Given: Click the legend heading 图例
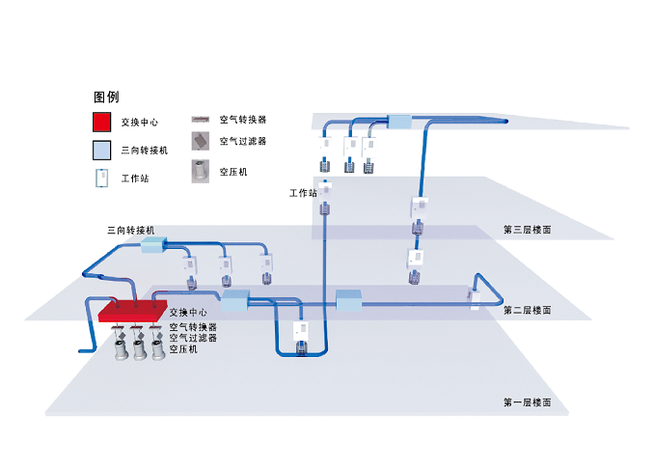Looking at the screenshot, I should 106,97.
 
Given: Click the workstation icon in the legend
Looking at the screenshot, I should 101,178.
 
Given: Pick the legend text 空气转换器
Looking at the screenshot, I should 242,120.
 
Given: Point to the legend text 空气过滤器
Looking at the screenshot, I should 242,141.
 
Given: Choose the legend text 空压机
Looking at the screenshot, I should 233,172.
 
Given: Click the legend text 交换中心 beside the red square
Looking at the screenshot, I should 140,123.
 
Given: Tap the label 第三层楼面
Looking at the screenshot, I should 527,231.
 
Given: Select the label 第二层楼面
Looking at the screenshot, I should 527,310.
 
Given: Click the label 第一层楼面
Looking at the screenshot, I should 527,402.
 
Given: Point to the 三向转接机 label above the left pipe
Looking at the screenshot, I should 130,231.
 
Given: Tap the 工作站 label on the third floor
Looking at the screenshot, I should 303,193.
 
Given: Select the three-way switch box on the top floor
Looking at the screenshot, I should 398,122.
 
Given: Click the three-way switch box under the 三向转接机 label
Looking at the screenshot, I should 154,247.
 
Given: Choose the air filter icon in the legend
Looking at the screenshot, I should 200,141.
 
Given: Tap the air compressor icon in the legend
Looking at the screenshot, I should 200,172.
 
